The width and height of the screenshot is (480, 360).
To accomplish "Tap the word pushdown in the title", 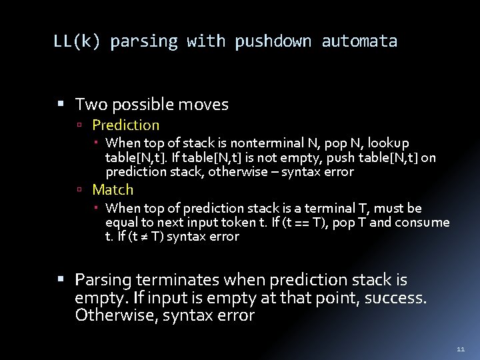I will [x=273, y=41].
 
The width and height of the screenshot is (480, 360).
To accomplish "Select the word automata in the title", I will [x=359, y=41].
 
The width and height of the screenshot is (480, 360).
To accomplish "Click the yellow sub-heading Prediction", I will [x=125, y=125].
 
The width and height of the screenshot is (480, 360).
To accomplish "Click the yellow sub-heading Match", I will [x=113, y=190].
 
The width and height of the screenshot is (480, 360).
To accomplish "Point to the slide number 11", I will [x=461, y=349].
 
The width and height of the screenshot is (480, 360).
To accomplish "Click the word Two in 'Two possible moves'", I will [x=89, y=105].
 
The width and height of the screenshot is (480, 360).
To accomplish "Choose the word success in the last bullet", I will [x=392, y=297].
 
